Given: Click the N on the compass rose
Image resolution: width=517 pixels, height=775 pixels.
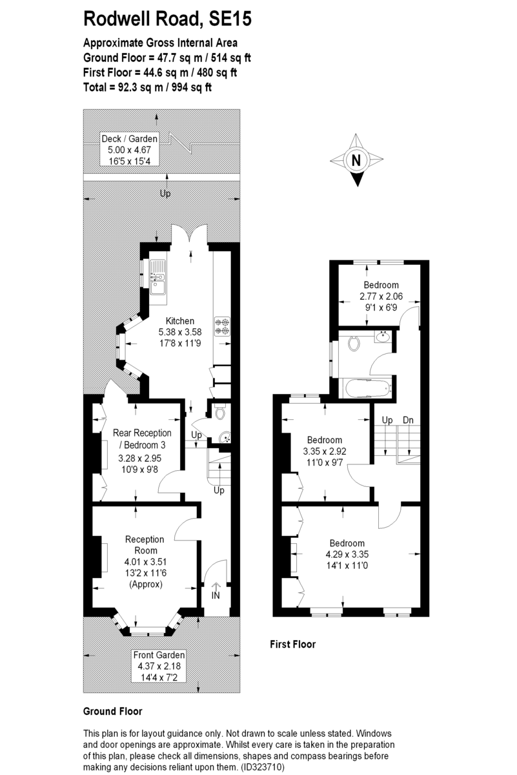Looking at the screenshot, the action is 356,161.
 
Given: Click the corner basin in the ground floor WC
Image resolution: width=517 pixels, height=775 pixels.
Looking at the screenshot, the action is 225,437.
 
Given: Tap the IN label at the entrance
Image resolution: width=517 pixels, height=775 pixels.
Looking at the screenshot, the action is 216,595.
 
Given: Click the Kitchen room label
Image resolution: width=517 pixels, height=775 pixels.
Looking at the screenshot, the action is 180,321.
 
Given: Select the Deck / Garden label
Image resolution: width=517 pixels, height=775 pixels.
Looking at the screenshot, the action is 129,139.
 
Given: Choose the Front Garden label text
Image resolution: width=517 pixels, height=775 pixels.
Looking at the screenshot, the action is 159,655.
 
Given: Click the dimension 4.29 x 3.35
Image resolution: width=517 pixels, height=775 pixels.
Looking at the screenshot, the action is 347,554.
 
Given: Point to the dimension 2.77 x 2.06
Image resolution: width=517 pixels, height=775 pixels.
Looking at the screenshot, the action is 381,296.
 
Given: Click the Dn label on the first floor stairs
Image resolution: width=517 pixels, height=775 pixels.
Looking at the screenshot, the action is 408,420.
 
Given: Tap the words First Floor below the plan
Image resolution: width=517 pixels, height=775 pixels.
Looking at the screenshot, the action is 293,645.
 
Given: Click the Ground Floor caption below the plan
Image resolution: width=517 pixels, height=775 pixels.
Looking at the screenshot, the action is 113,711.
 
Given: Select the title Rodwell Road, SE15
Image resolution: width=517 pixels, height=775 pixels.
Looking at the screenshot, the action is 167,19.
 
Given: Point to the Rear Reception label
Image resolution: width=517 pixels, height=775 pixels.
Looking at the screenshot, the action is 142,433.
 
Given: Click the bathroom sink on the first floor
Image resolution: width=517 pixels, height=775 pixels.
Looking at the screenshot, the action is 383,336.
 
